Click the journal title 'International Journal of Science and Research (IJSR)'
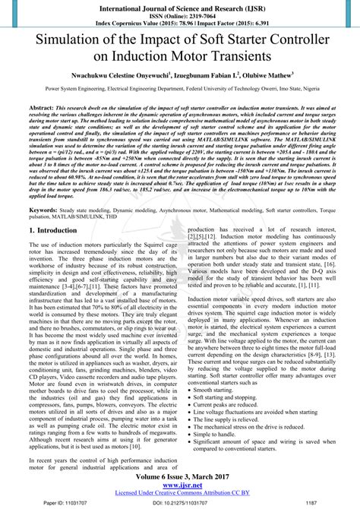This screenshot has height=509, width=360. tap(179, 7)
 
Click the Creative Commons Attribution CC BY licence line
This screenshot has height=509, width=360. tap(179, 495)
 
